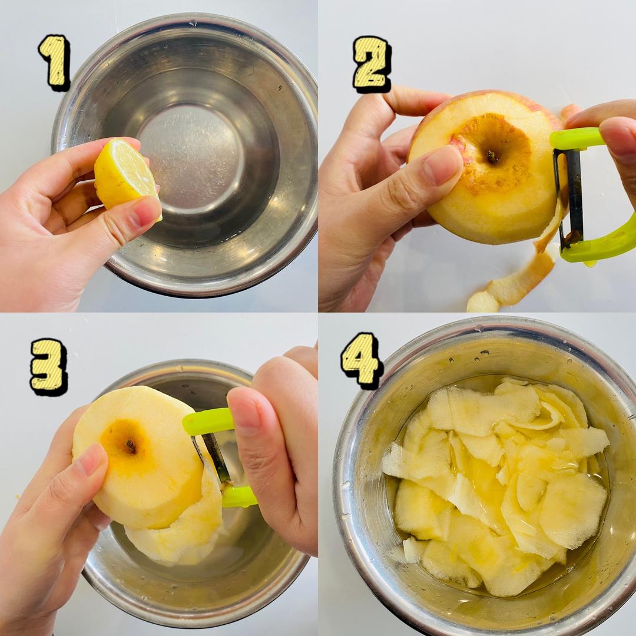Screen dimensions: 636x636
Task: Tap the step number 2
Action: click(371, 64)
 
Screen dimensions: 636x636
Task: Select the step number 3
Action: click(48, 367)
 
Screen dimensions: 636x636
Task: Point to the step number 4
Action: click(361, 360)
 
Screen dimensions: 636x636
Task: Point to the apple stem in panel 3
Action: click(131, 446)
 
